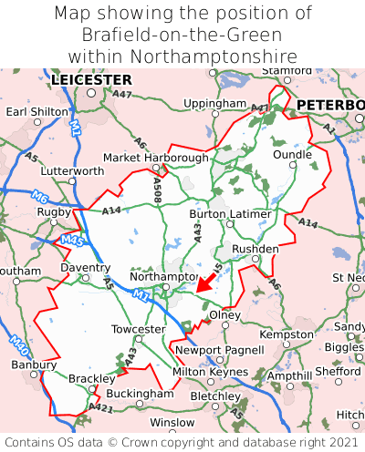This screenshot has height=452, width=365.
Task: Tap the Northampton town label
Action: click(x=163, y=276)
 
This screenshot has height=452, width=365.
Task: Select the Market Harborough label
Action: click(x=155, y=158)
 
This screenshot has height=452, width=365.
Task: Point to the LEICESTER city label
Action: click(x=91, y=80)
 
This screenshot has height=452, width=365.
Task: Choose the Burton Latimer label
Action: click(x=230, y=214)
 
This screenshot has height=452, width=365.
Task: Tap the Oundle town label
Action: click(x=292, y=155)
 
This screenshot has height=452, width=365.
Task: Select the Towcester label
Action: click(x=138, y=329)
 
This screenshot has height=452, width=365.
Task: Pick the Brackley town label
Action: click(x=91, y=378)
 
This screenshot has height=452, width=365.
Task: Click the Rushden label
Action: click(x=255, y=248)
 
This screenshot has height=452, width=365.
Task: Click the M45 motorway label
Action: click(x=72, y=241)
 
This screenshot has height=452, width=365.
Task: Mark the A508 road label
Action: click(x=158, y=189)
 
